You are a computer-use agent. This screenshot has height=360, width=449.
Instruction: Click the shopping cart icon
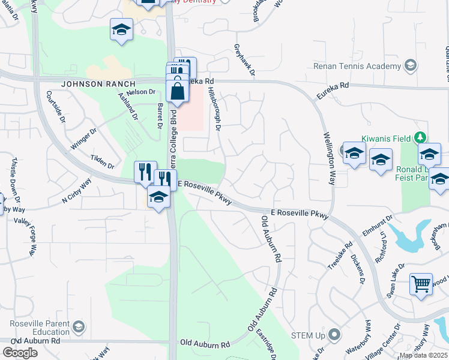421,284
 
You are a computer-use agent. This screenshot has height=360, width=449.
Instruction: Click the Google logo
20,353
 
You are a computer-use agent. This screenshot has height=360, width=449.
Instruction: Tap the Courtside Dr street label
55,107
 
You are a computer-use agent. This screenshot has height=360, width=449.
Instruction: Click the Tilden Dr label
102,161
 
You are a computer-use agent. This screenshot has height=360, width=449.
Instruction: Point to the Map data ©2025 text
423,355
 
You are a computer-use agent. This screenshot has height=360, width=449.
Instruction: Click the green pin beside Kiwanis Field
421,137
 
